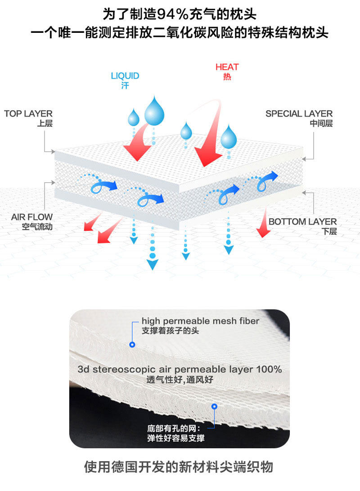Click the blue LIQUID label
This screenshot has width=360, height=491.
[125, 76]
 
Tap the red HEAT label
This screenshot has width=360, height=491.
[227, 67]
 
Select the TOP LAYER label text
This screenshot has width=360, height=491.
[28, 113]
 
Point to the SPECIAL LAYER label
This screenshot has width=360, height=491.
[299, 113]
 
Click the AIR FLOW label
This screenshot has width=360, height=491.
[32, 217]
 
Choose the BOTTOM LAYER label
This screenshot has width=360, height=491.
[302, 221]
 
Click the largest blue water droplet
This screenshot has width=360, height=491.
[154, 110]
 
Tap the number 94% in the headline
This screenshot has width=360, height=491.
[170, 14]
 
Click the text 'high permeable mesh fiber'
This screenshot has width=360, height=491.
[200, 321]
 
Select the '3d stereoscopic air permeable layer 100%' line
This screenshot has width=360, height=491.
[180, 369]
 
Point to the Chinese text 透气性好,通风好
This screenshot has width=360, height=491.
[180, 380]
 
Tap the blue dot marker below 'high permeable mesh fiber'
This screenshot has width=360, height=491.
[132, 345]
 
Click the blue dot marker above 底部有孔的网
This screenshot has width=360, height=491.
[214, 406]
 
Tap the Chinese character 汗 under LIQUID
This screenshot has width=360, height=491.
[125, 86]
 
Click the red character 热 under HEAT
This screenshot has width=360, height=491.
[227, 77]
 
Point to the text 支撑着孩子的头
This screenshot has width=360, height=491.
[170, 331]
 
